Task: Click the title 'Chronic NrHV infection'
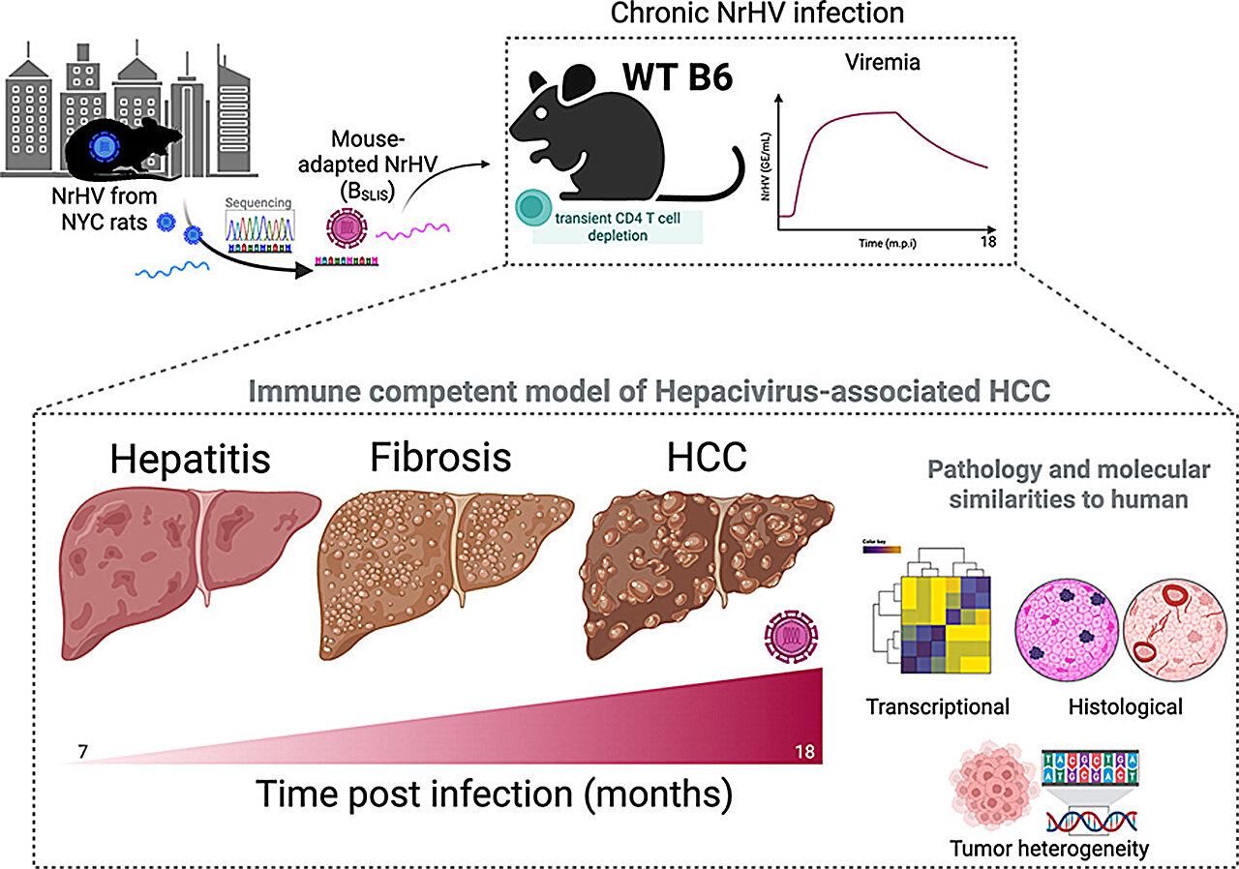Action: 760,15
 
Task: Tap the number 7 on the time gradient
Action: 71,750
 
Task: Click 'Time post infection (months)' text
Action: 493,794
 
